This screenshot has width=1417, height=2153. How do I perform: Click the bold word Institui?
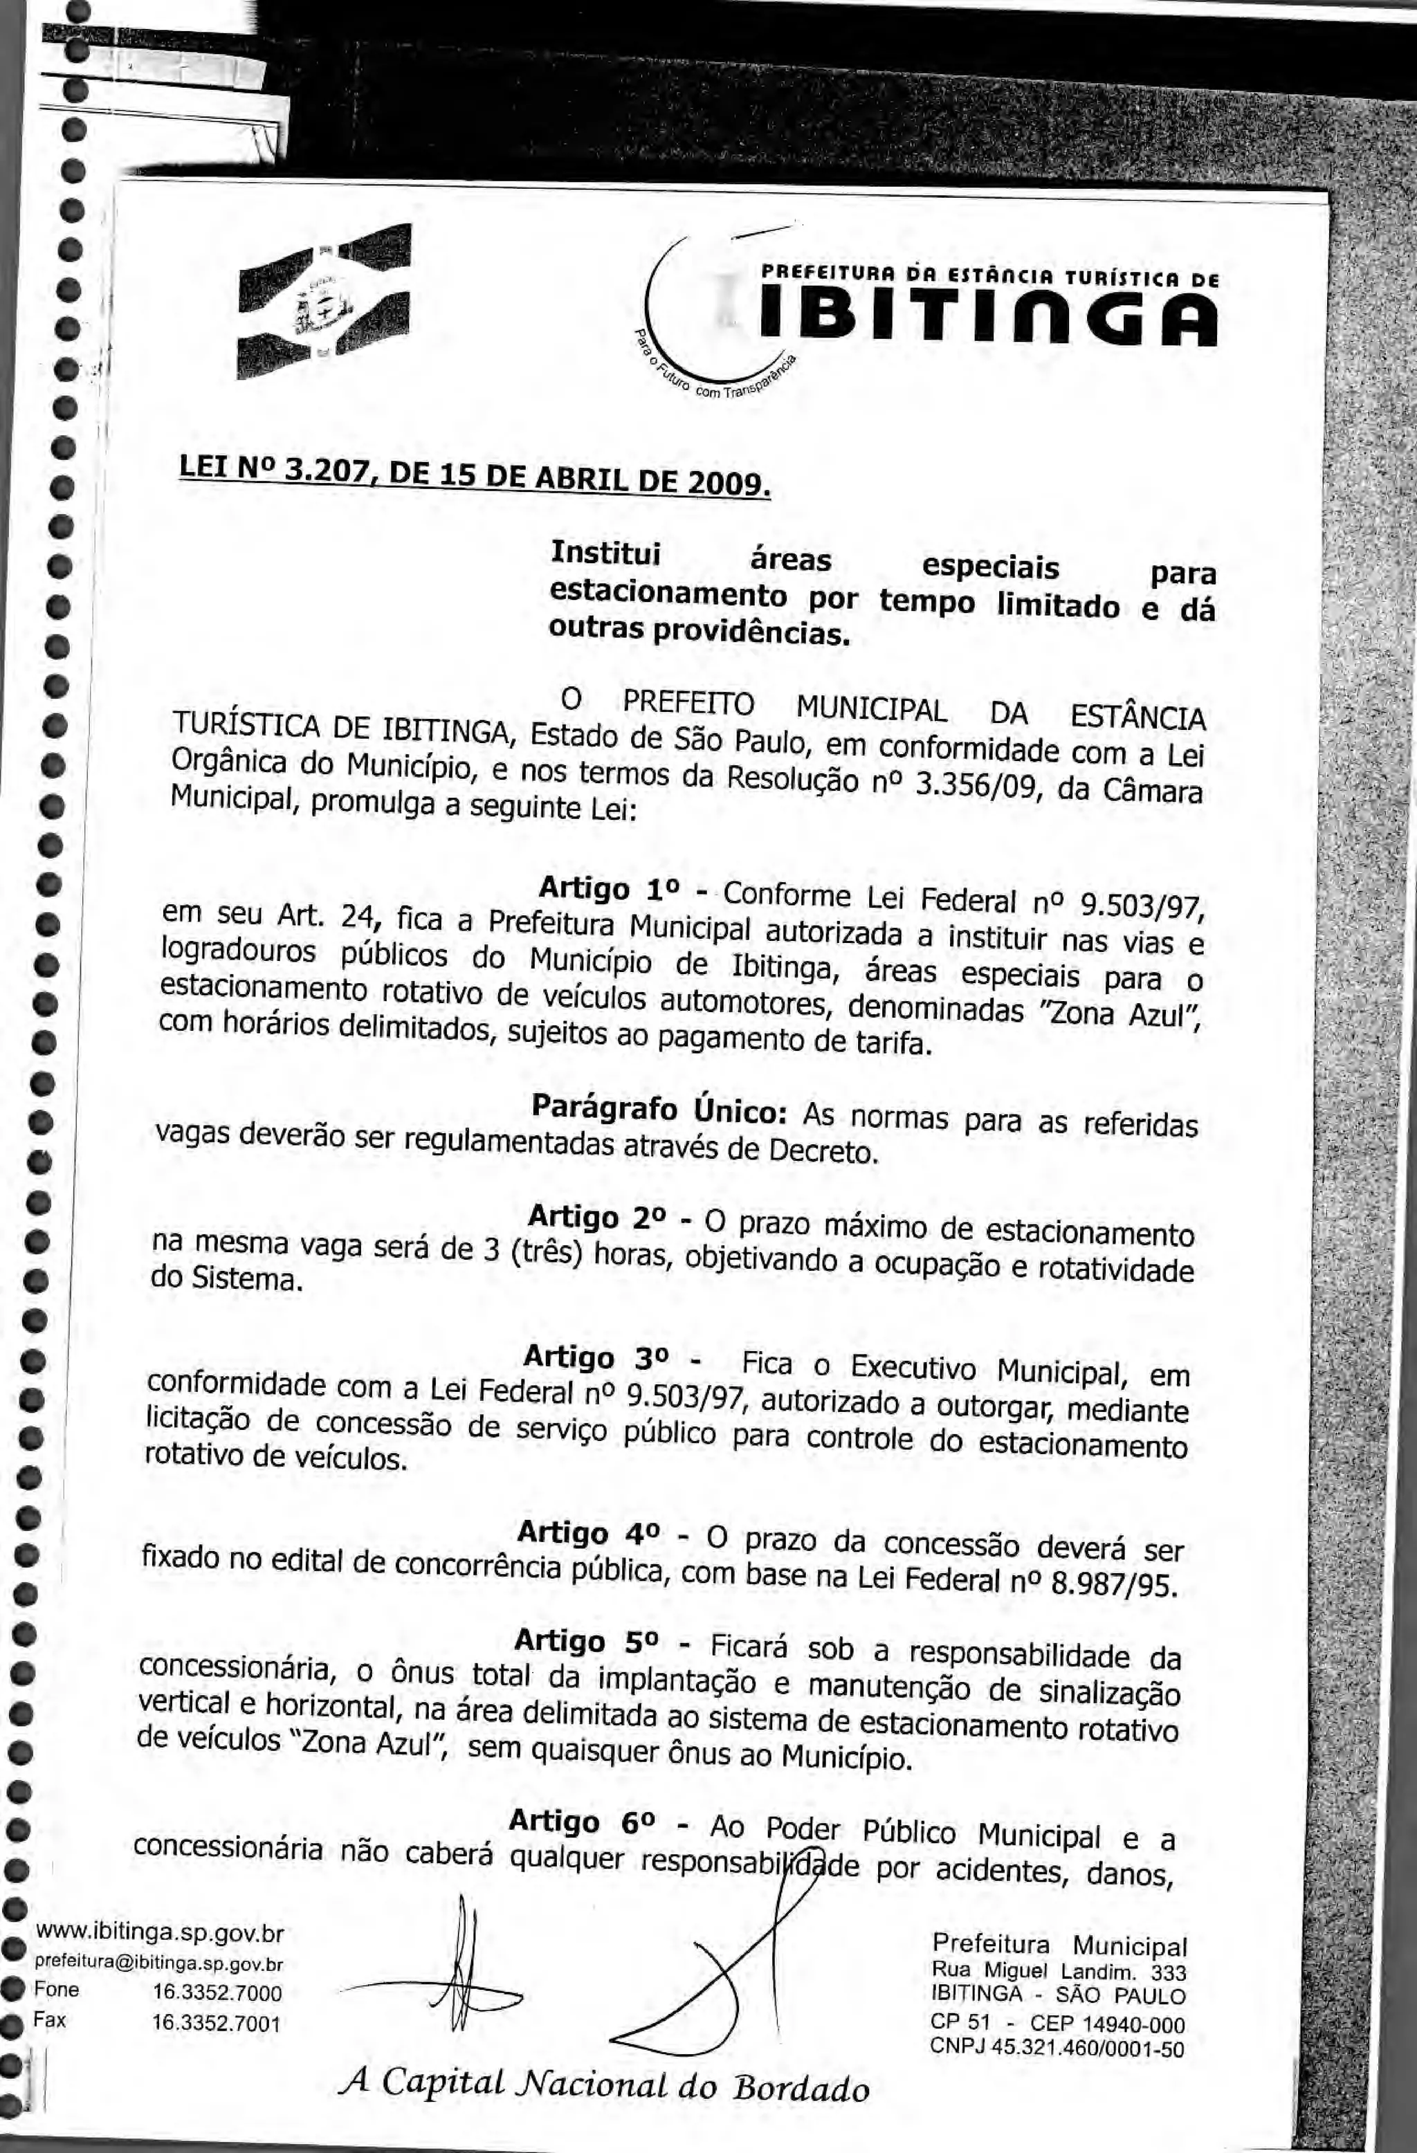point(606,552)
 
